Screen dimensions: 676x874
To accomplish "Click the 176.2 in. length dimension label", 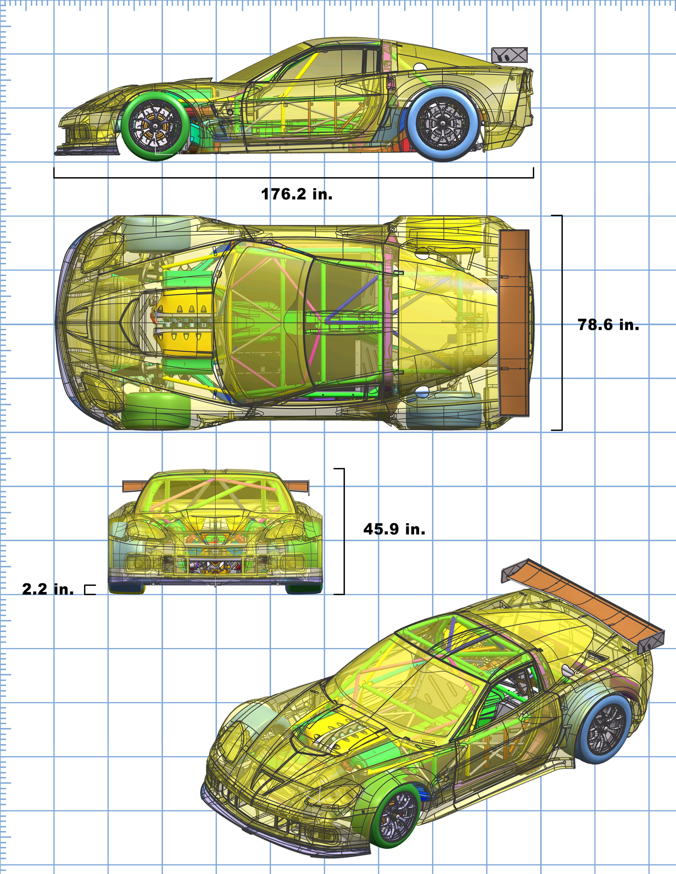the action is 297,194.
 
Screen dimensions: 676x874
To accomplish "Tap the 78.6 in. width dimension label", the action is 608,325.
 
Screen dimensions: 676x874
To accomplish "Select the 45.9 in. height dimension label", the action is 394,529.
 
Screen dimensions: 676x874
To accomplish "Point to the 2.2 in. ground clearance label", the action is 48,589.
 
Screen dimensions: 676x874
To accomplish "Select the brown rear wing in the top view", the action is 514,323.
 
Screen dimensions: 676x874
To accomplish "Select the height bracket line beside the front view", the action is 344,531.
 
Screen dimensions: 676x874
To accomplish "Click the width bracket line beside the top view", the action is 561,323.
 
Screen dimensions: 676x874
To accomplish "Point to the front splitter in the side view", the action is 86,151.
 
